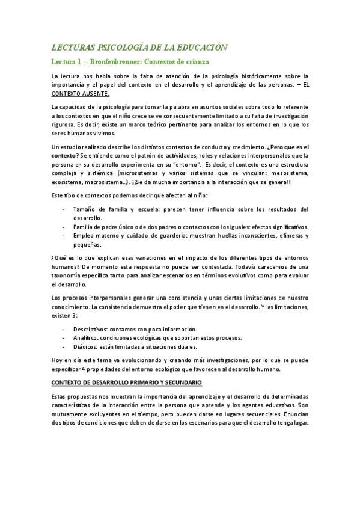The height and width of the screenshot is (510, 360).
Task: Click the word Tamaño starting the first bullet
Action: pyautogui.click(x=85, y=209)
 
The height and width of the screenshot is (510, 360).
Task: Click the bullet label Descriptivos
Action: pyautogui.click(x=92, y=329)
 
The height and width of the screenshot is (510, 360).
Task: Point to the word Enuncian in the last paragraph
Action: pyautogui.click(x=295, y=414)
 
